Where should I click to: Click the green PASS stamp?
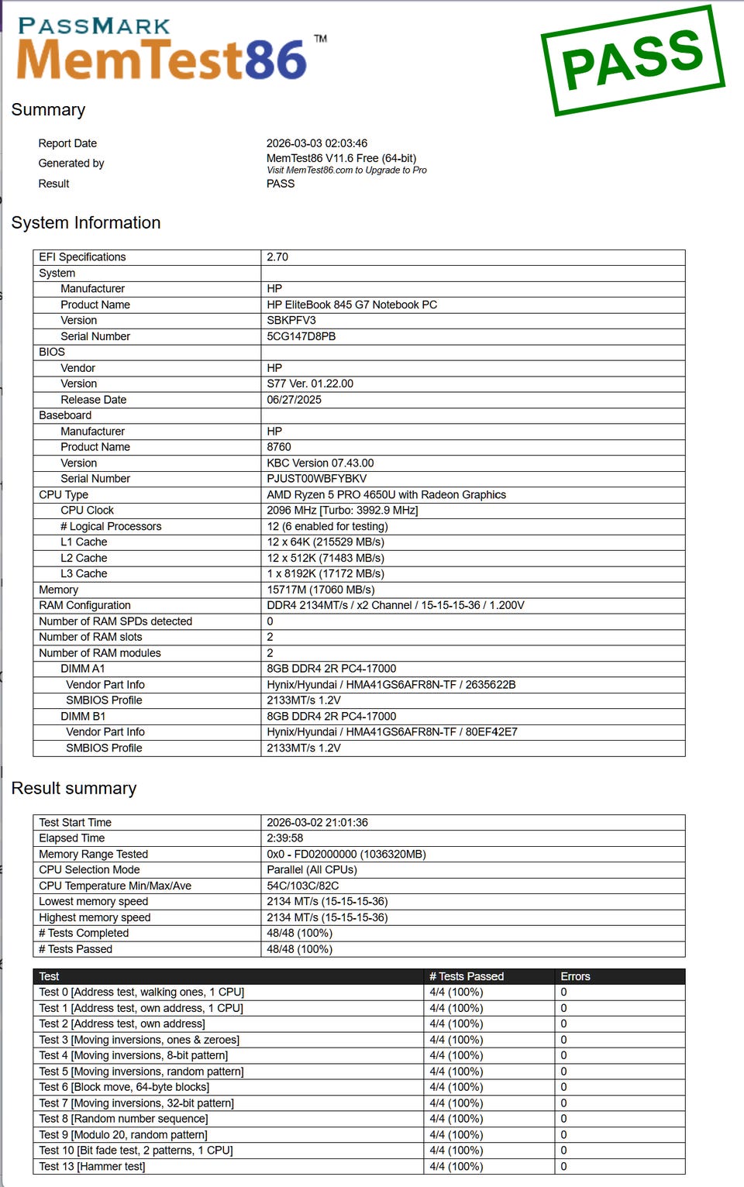[632, 60]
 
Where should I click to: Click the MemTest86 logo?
[163, 51]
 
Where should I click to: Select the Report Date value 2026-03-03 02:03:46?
[317, 143]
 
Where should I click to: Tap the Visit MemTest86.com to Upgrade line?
[346, 170]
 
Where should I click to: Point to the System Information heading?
[86, 223]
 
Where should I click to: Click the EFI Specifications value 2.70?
[277, 257]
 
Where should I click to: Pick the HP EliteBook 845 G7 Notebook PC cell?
[352, 304]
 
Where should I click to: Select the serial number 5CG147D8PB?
[301, 336]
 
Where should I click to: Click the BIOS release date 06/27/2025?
[294, 400]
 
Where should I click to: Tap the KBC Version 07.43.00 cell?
[320, 463]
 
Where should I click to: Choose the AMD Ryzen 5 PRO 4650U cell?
[386, 495]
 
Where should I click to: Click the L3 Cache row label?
[84, 574]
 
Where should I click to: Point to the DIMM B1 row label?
[83, 717]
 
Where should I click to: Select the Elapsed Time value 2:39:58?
[285, 838]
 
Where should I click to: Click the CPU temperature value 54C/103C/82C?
[302, 886]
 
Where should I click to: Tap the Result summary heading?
[74, 789]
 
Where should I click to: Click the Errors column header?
[575, 976]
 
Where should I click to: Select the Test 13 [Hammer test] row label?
[92, 1167]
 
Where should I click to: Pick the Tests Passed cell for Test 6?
[456, 1087]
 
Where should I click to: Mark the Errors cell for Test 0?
[564, 993]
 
